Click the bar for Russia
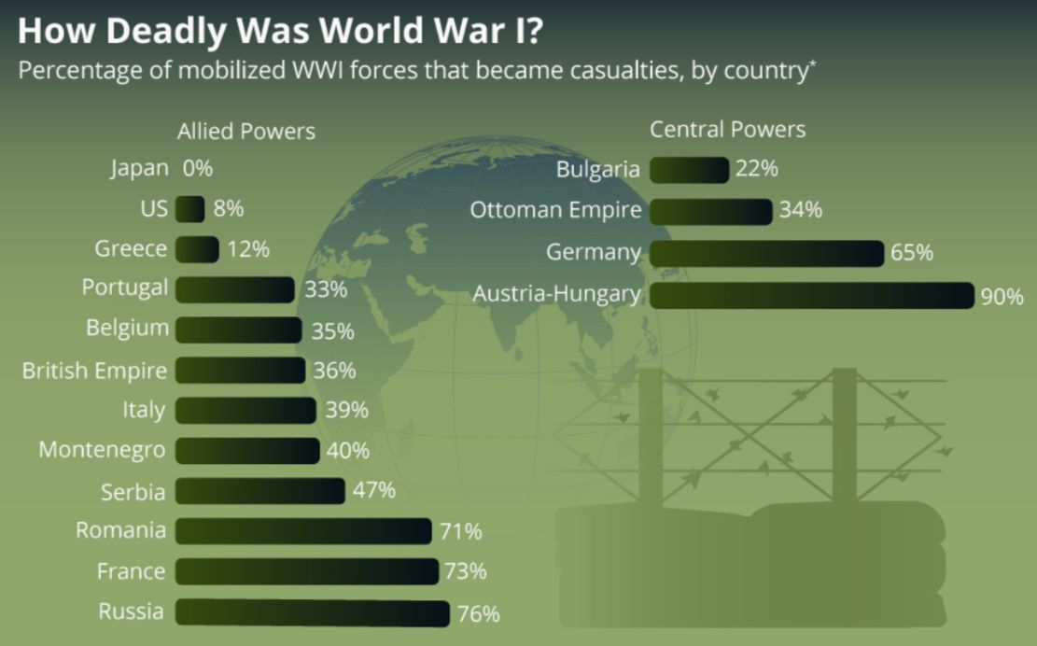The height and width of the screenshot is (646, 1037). click(313, 612)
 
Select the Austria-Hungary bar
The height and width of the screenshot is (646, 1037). click(811, 295)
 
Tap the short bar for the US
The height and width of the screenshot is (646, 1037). click(189, 209)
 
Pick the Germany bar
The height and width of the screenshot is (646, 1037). click(766, 253)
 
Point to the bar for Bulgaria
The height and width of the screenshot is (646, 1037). click(689, 170)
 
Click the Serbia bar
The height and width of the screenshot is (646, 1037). click(260, 490)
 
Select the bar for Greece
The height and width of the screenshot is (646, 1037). click(197, 249)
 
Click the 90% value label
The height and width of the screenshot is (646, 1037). click(1002, 297)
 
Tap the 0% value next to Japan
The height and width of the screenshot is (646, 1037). click(198, 169)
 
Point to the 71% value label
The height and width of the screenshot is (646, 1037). click(460, 532)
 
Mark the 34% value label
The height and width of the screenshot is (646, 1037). click(801, 211)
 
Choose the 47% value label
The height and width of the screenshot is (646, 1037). click(374, 490)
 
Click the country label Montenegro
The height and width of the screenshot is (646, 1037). click(102, 450)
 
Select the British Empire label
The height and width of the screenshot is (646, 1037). click(95, 371)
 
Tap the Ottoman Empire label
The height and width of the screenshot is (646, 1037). click(555, 210)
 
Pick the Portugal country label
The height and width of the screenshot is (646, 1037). click(125, 288)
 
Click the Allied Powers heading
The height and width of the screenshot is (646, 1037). click(246, 132)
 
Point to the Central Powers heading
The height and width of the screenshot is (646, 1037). click(727, 130)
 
